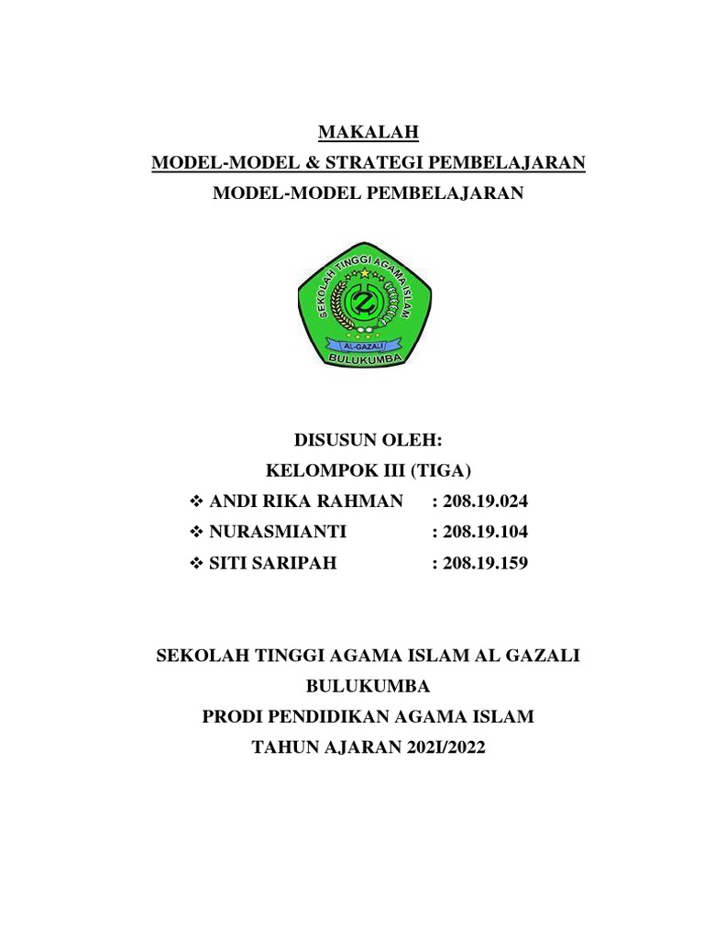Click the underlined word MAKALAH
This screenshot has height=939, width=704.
(368, 133)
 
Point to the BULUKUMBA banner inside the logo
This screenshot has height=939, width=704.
(367, 359)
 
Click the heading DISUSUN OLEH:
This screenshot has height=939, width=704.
(368, 442)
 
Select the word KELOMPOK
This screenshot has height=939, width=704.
(309, 472)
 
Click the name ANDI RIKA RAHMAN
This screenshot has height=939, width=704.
(305, 502)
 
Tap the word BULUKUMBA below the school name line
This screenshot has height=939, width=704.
(367, 687)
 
